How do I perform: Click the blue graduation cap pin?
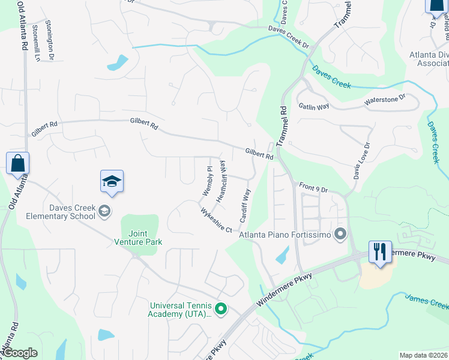112,182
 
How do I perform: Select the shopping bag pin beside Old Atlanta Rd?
17,163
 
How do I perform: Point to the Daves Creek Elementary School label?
72,212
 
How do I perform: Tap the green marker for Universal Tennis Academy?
221,309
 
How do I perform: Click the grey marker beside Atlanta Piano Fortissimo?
341,233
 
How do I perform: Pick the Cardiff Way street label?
246,206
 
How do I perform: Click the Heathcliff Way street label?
221,181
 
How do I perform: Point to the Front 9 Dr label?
313,188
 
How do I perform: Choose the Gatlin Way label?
314,106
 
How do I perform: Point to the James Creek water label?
426,300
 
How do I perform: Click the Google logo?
20,353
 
